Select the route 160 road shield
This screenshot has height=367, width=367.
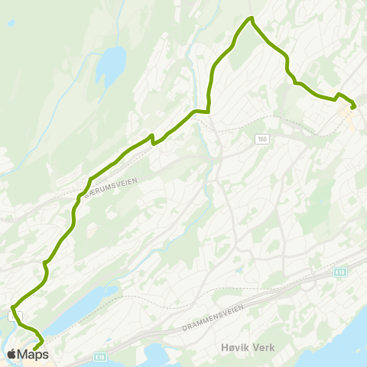tap(262, 138)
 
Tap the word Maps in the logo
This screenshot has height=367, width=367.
tap(33, 354)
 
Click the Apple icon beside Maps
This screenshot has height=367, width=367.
tap(11, 353)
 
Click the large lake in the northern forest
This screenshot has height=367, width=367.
tap(111, 67)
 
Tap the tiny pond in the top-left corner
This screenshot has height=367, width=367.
tap(10, 23)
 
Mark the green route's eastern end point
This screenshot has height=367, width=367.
tap(352, 107)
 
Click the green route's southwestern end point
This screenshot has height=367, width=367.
tap(35, 349)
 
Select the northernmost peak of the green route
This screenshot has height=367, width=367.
tap(249, 18)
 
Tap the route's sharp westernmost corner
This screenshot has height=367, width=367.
tap(13, 308)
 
